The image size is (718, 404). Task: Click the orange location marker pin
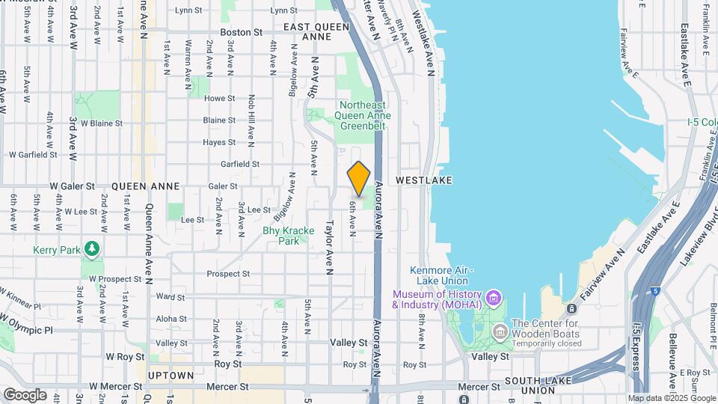pos(359,179)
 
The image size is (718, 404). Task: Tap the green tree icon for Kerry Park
pos(92,248)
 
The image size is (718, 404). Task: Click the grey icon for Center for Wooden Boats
pos(499,329)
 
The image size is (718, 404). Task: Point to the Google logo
pos(25,394)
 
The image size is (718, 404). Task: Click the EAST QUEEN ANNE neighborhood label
pos(316,31)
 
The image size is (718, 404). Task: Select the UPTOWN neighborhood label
pos(171,376)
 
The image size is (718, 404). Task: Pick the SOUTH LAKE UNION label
pos(539,386)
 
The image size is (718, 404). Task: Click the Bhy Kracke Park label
pos(280,236)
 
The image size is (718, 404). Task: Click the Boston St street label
pos(241,33)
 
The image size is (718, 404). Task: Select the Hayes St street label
pos(219,142)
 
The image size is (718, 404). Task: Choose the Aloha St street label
pos(171,319)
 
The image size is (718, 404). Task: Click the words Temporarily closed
pos(547,343)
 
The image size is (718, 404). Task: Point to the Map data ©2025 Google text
pos(671,398)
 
